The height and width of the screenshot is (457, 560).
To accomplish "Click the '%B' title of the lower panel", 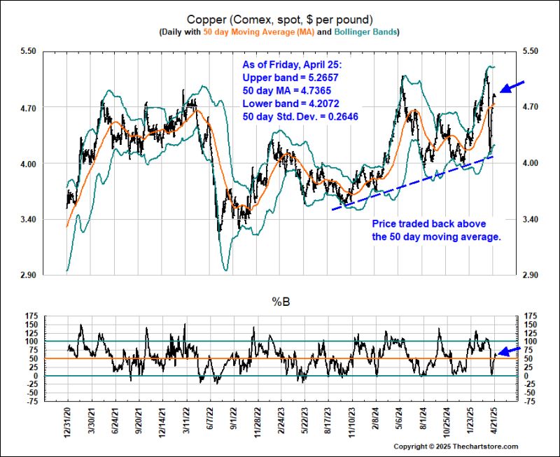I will (x=280, y=302).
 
